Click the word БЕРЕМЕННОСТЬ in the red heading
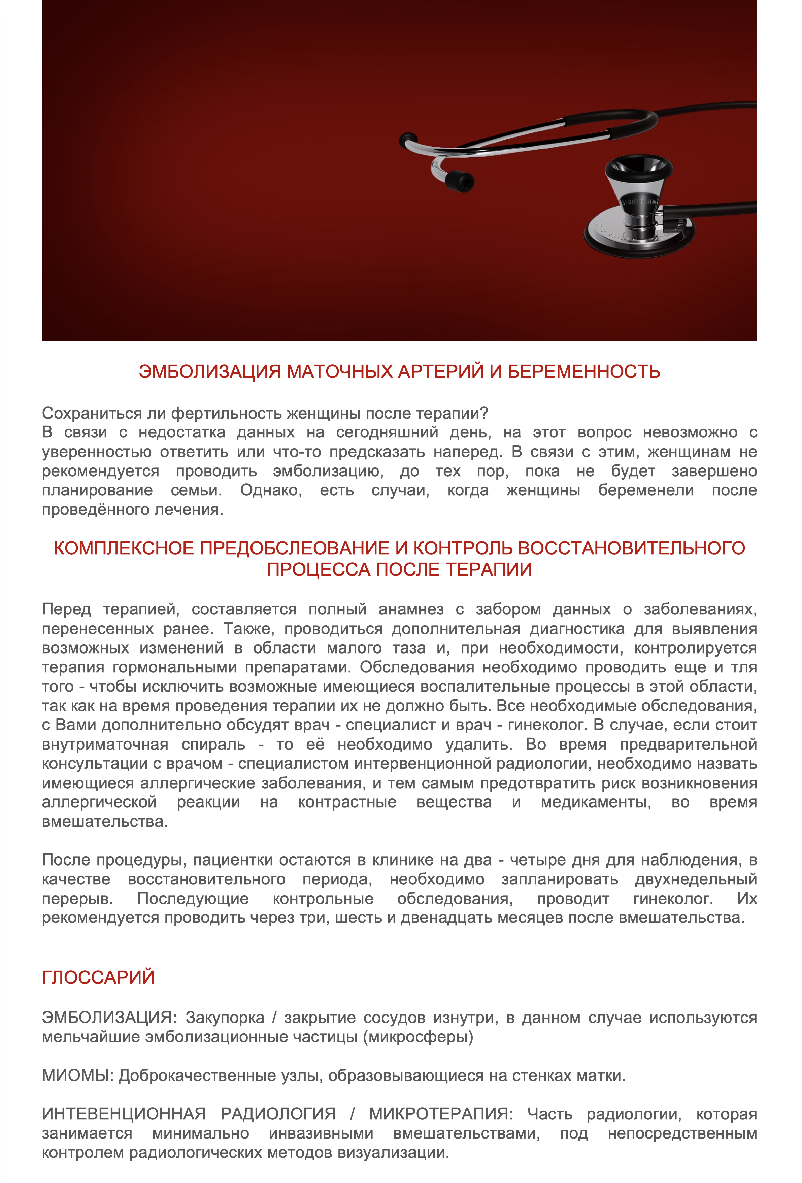(x=583, y=372)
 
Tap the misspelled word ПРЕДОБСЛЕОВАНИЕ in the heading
(x=295, y=548)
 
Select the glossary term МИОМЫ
(x=78, y=1075)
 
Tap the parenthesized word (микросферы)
(x=418, y=1037)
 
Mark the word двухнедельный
(x=696, y=879)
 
